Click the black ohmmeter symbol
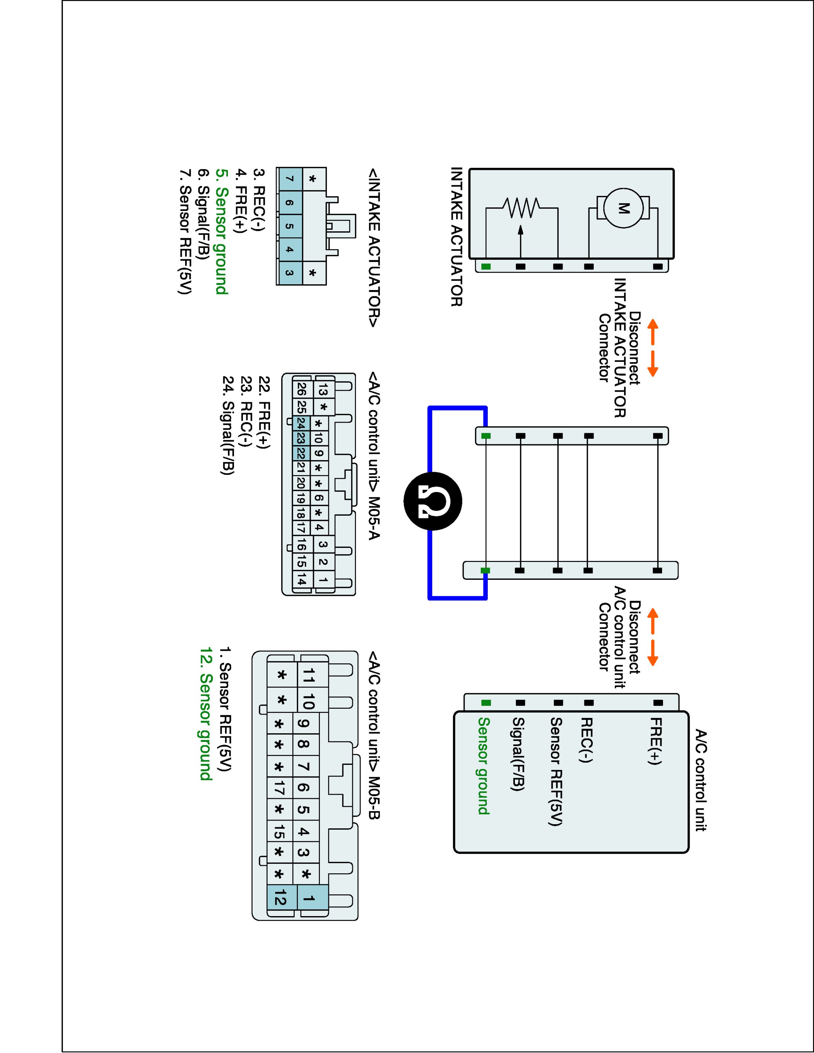coord(433,502)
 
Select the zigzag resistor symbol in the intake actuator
coord(521,208)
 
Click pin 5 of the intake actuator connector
coord(289,226)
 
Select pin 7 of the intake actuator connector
coord(289,179)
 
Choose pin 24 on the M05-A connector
coord(301,424)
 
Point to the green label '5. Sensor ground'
coord(221,231)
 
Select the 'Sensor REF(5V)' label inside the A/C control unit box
coord(556,771)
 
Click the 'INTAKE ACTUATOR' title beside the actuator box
coord(456,237)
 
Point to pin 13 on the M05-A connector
coord(323,390)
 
